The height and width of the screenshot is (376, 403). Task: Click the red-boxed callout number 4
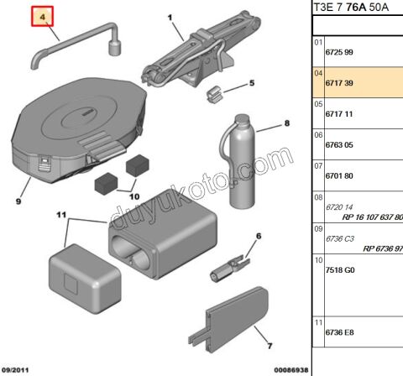click(x=44, y=16)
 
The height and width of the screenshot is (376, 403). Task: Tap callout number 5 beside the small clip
click(x=249, y=83)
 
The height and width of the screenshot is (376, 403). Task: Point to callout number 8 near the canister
click(x=285, y=124)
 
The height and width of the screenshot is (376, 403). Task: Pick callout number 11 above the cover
click(x=60, y=216)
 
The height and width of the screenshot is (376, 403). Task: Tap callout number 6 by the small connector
click(x=259, y=237)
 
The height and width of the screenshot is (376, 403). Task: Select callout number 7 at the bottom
click(x=270, y=345)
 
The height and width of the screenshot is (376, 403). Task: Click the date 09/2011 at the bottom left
click(x=17, y=369)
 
